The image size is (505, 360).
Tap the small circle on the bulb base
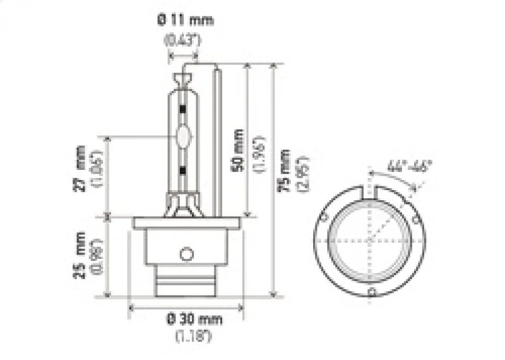tap(185, 254)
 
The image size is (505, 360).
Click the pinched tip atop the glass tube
tap(183, 78)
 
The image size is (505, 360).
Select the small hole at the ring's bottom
tap(372, 292)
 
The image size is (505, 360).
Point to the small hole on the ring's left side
tap(323, 218)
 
